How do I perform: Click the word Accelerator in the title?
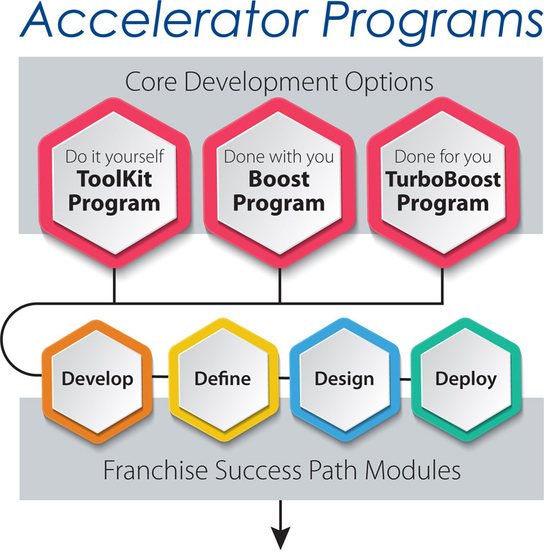click(164, 20)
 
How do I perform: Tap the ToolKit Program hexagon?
click(114, 183)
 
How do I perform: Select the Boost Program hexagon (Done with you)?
click(279, 183)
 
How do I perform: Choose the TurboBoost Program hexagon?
click(443, 183)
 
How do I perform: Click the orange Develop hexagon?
click(97, 381)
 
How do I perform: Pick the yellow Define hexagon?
click(223, 380)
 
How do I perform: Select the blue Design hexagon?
click(345, 380)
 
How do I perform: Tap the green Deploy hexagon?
click(466, 380)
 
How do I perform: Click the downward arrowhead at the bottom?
click(280, 537)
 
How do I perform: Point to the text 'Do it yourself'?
click(114, 157)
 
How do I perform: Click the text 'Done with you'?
click(279, 157)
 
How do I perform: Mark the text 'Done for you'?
click(443, 157)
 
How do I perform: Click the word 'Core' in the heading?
click(150, 82)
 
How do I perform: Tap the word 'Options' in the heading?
click(389, 83)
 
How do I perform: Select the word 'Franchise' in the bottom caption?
click(155, 470)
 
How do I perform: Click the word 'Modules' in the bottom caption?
click(413, 470)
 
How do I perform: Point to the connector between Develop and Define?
click(160, 377)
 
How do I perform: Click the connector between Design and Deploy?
click(406, 379)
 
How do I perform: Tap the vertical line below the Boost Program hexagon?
click(280, 285)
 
